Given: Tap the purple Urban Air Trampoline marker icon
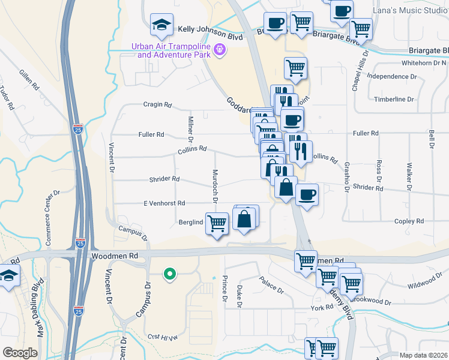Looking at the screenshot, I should point(220,49).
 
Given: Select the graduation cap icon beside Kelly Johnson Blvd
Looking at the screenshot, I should point(161,25).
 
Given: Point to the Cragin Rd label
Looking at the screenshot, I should point(157,104).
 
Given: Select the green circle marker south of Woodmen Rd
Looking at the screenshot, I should point(170,275).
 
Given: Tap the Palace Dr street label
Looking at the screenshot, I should point(271,284).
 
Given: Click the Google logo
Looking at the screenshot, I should point(20,352).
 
